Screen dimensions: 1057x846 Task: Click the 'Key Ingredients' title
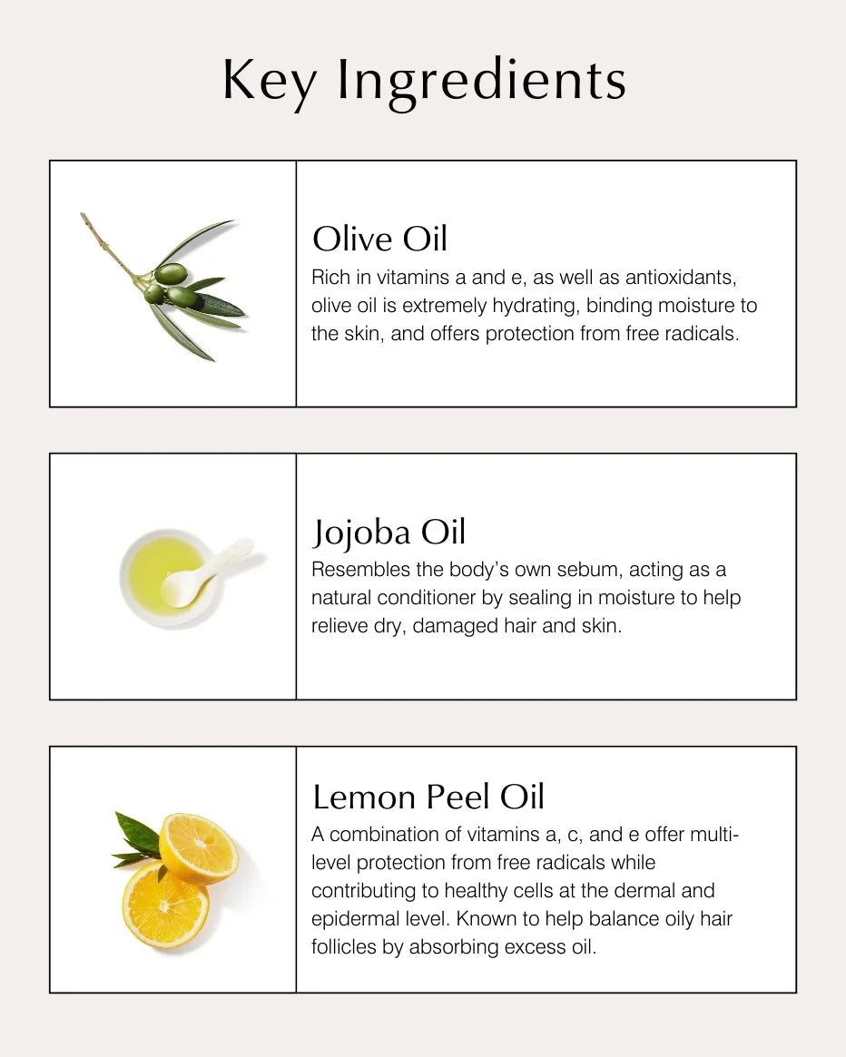pyautogui.click(x=424, y=80)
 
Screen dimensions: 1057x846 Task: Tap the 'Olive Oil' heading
pyautogui.click(x=379, y=240)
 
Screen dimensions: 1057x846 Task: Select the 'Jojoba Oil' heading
pyautogui.click(x=389, y=533)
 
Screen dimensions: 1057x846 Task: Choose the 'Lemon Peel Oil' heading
pyautogui.click(x=428, y=798)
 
